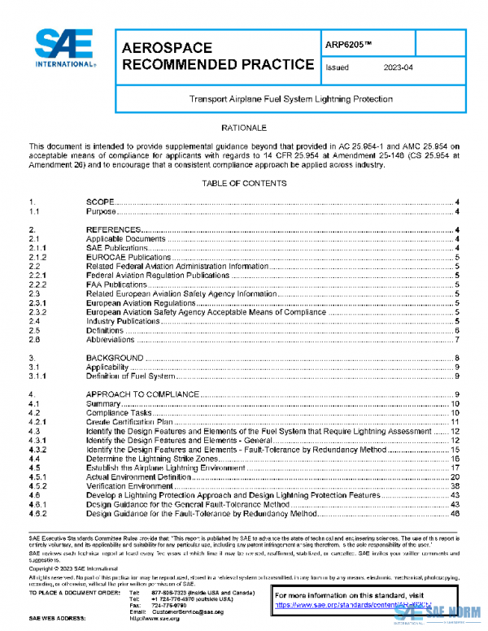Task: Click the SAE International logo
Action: pyautogui.click(x=66, y=50)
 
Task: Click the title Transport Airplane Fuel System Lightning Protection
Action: pyautogui.click(x=291, y=99)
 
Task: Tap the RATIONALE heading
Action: pyautogui.click(x=244, y=128)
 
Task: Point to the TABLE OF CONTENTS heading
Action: pyautogui.click(x=244, y=183)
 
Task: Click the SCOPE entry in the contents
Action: pyautogui.click(x=100, y=202)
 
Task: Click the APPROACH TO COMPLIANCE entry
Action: pyautogui.click(x=142, y=394)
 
